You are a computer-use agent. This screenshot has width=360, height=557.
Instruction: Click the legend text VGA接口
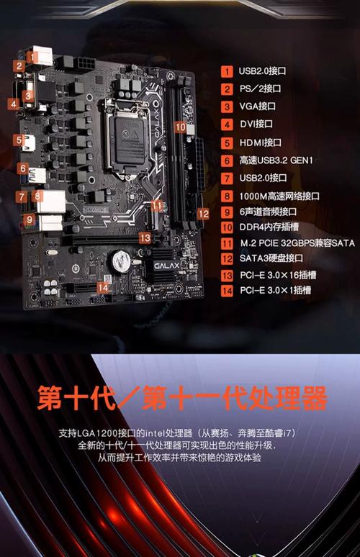click(257, 107)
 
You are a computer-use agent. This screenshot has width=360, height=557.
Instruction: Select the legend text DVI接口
click(256, 124)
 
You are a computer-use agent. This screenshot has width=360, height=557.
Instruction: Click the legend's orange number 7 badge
click(227, 178)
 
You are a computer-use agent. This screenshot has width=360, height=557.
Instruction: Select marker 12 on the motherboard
click(204, 213)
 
